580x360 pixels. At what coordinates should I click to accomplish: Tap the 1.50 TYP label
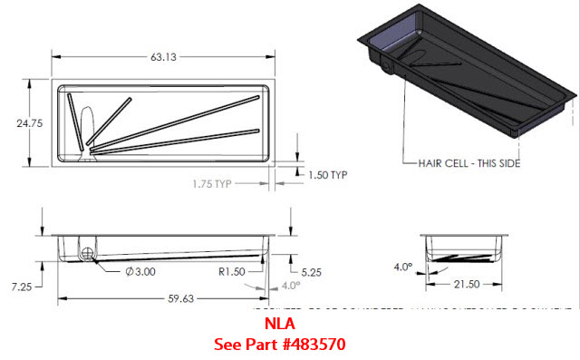(x=327, y=175)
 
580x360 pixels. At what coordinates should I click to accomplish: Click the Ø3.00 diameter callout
(x=141, y=270)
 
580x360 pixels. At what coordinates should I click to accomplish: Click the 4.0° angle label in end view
(x=401, y=268)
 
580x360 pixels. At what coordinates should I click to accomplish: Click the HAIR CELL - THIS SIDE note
(x=461, y=163)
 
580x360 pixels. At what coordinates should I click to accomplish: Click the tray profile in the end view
(x=468, y=248)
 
